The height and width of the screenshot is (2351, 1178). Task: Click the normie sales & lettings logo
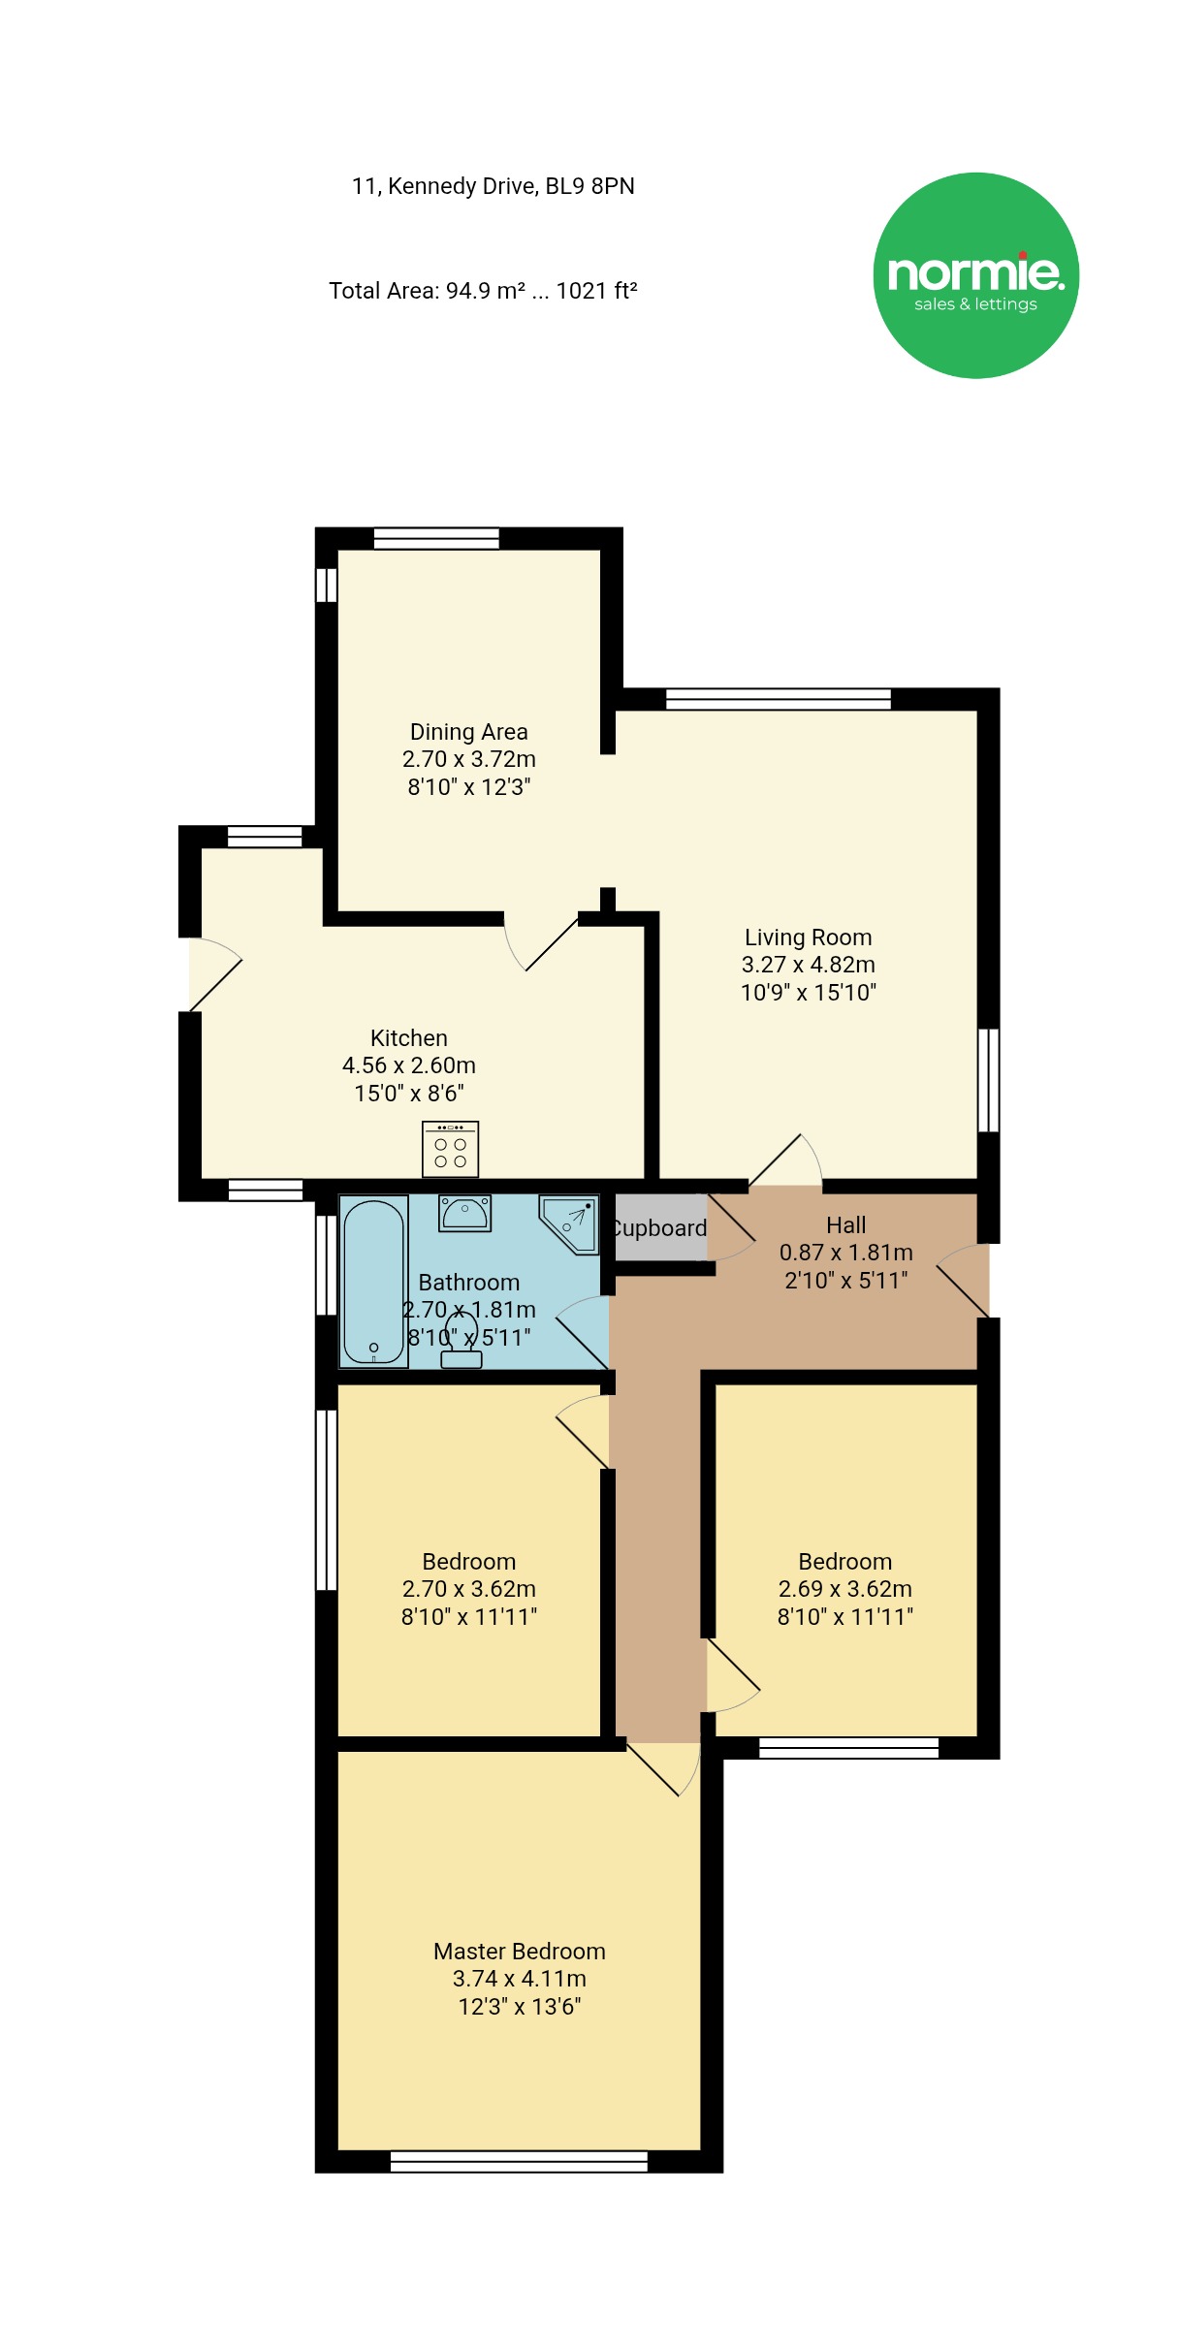pyautogui.click(x=975, y=275)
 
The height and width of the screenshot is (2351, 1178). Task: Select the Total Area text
pyautogui.click(x=483, y=291)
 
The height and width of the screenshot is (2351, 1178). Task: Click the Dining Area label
pyautogui.click(x=469, y=732)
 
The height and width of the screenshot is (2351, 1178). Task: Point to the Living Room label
pyautogui.click(x=809, y=937)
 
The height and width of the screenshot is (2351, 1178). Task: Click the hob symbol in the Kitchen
pyautogui.click(x=450, y=1149)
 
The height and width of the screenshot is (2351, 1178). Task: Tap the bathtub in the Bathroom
pyautogui.click(x=373, y=1281)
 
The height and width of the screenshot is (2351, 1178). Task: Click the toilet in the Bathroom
pyautogui.click(x=462, y=1339)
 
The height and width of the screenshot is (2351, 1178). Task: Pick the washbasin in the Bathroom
pyautogui.click(x=465, y=1213)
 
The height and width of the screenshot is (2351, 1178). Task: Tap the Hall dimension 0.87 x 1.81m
pyautogui.click(x=846, y=1253)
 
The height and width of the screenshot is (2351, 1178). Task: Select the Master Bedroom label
pyautogui.click(x=520, y=1952)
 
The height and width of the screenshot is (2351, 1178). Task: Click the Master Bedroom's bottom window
pyautogui.click(x=519, y=2161)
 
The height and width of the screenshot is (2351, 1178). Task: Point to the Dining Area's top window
pyautogui.click(x=436, y=538)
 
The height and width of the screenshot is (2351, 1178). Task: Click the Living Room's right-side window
pyautogui.click(x=988, y=1080)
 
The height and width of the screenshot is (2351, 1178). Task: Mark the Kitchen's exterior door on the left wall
pyautogui.click(x=214, y=974)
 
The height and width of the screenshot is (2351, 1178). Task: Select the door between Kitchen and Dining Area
pyautogui.click(x=540, y=942)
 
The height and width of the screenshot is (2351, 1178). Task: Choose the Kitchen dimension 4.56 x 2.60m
pyautogui.click(x=409, y=1065)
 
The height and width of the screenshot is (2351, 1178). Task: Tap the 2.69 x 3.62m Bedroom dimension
pyautogui.click(x=845, y=1589)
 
